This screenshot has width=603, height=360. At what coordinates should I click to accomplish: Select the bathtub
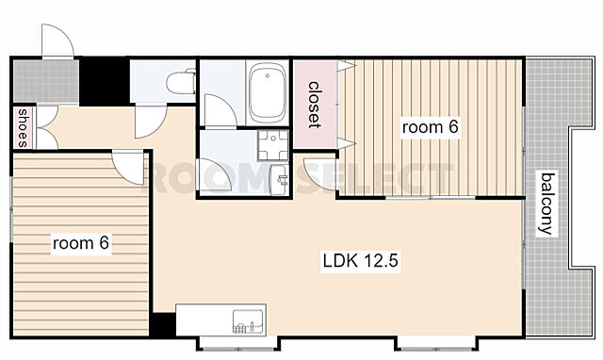(268, 92)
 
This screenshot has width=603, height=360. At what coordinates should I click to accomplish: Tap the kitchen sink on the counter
(248, 321)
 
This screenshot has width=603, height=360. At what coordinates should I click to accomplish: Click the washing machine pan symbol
(273, 144)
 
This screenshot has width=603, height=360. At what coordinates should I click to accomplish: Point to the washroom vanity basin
(279, 180)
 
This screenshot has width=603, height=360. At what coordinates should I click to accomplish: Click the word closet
(314, 105)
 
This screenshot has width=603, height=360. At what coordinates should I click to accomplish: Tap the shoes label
(23, 128)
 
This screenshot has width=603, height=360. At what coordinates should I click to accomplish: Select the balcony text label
(547, 204)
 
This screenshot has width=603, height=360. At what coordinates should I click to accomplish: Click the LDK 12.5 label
(360, 261)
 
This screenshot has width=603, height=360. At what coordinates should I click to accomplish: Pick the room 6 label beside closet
(430, 127)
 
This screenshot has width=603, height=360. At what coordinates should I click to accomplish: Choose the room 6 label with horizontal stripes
(81, 243)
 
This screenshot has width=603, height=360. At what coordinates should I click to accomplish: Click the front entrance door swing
(57, 41)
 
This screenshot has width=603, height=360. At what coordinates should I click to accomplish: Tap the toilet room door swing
(150, 121)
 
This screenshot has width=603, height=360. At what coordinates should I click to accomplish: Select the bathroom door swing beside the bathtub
(220, 110)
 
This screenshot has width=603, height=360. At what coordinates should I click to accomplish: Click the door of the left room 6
(128, 168)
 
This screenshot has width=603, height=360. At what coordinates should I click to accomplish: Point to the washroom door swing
(214, 174)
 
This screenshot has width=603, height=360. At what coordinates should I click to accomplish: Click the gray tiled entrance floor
(46, 81)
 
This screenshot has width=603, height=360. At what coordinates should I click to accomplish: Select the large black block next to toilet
(104, 81)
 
